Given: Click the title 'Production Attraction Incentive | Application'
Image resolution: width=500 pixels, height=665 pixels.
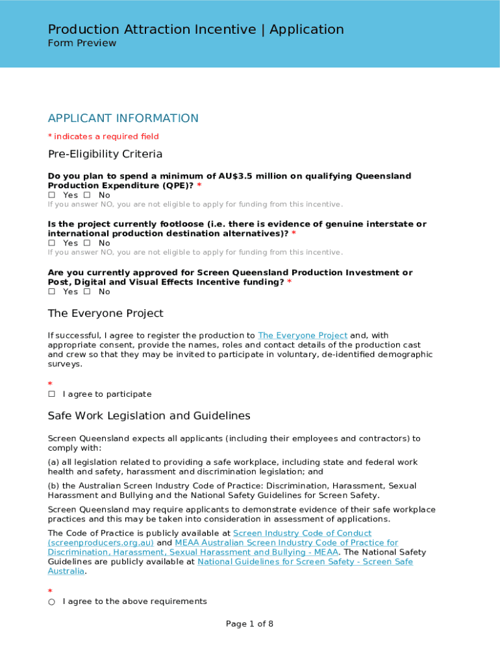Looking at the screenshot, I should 195,29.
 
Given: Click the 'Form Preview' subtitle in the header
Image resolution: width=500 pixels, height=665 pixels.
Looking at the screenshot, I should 82,44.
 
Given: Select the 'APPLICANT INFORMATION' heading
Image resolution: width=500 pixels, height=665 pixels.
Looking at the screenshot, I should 123,118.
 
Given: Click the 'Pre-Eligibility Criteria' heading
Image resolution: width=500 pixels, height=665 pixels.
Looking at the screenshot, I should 105,154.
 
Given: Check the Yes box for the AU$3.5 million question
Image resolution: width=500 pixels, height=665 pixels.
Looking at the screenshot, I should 52,195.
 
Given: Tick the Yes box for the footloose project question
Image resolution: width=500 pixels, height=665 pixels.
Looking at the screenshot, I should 52,244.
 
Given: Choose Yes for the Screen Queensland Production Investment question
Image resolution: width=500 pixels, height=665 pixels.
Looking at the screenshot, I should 52,292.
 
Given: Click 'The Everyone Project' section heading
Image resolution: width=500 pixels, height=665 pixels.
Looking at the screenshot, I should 105,314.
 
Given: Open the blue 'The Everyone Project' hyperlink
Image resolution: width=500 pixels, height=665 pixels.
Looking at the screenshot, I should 302,336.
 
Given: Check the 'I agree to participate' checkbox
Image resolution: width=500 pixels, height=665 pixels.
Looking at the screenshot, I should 52,394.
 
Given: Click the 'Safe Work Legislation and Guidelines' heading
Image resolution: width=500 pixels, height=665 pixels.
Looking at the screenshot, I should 149,416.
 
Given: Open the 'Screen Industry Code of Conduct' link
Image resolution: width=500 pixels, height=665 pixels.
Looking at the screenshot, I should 302,533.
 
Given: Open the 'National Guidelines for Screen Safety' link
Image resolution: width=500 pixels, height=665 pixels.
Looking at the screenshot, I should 305,562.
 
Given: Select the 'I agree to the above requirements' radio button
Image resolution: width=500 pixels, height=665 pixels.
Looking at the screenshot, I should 51,602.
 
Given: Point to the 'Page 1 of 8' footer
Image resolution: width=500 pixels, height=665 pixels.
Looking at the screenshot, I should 249,624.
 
